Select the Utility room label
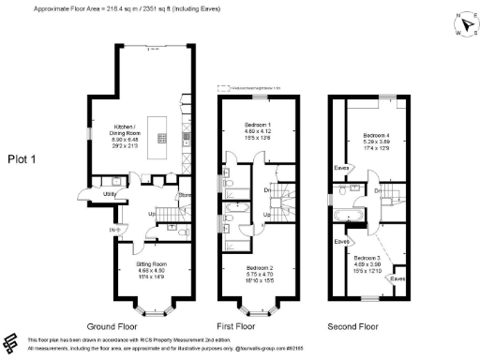click(x=110, y=195)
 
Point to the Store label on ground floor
click(x=184, y=196)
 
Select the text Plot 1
click(x=21, y=158)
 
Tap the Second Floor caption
click(x=352, y=326)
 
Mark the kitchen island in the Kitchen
click(x=161, y=138)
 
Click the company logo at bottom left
click(x=12, y=342)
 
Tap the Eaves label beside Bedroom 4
click(x=341, y=169)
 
